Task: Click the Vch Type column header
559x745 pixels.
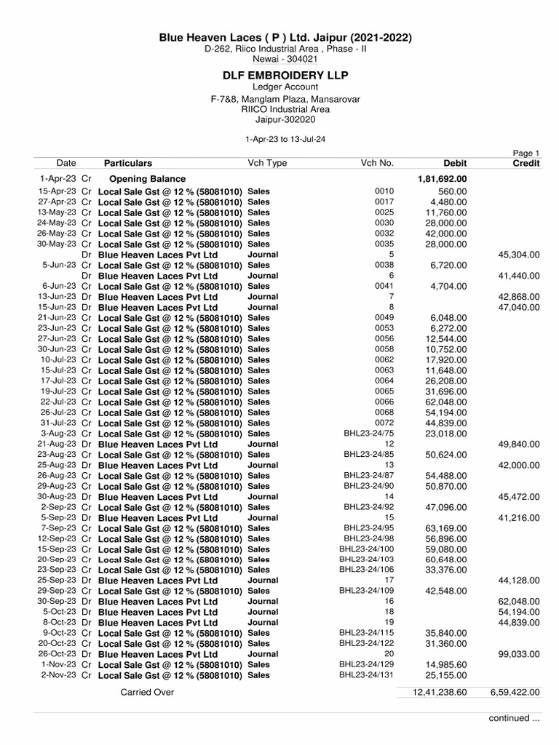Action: [267, 164]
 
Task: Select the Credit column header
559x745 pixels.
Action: [526, 164]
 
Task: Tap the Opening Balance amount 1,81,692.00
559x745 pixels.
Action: [442, 179]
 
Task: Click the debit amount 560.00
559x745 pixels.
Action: [452, 191]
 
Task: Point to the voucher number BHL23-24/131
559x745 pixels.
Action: [366, 675]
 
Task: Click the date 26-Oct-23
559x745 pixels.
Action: [58, 654]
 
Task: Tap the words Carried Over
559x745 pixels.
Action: [147, 693]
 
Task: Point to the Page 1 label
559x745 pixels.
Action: [526, 154]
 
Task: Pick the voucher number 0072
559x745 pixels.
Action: [384, 423]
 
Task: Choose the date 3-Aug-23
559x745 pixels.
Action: [59, 434]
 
